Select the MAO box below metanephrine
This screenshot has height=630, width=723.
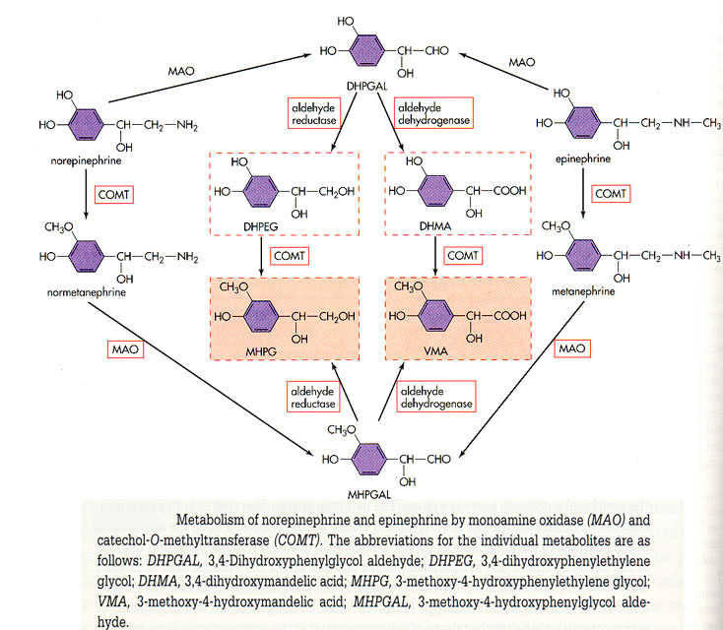coord(572,348)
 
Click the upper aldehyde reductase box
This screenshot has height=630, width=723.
coord(310,113)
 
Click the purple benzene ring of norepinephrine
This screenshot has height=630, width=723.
coord(90,125)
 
